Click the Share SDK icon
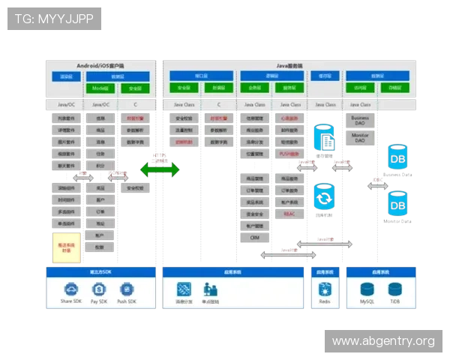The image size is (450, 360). click(71, 289)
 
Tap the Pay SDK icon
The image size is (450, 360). click(99, 289)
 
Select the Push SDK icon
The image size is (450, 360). click(126, 289)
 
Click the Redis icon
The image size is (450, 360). click(325, 289)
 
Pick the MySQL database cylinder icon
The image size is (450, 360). click(367, 289)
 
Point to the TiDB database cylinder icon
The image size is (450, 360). click(394, 289)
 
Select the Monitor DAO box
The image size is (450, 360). click(360, 139)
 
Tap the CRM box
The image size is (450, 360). click(255, 237)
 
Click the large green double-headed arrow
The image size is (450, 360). click(160, 169)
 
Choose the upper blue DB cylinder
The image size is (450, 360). click(397, 157)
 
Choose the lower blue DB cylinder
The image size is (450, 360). click(397, 203)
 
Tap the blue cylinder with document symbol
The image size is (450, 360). click(325, 138)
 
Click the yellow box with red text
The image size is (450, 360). click(66, 247)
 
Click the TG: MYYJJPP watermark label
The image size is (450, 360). click(54, 18)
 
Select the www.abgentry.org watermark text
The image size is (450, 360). click(383, 341)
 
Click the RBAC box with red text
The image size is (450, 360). click(289, 214)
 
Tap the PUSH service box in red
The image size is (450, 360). click(289, 154)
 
